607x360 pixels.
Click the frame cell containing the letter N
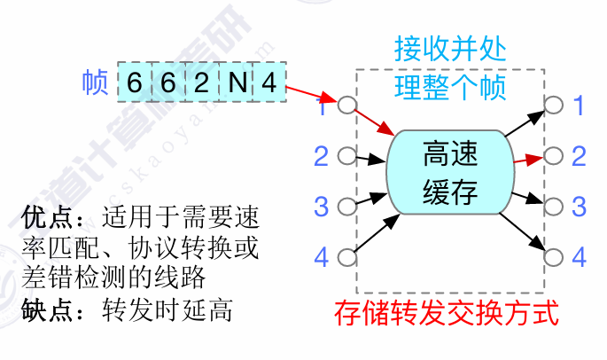tap(236, 82)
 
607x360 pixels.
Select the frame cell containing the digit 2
tap(202, 82)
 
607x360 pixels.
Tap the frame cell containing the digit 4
tap(269, 82)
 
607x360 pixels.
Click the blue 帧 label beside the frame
tap(95, 82)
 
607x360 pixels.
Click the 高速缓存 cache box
tap(451, 172)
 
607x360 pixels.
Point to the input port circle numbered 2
tap(346, 156)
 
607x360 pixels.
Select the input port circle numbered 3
tap(346, 206)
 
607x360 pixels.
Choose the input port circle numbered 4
tap(346, 257)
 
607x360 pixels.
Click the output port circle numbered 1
tap(554, 105)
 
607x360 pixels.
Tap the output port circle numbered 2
tap(554, 156)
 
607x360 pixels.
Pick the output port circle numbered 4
tap(554, 257)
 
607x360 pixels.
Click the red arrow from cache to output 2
tap(529, 159)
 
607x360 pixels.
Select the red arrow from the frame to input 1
tap(312, 94)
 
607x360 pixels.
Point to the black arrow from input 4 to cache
tap(377, 233)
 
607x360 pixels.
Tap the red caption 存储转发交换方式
tap(447, 313)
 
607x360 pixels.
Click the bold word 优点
tap(46, 217)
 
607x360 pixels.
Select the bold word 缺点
tap(46, 310)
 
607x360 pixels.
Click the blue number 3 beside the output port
tap(579, 206)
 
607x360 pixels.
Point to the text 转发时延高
tap(167, 310)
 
